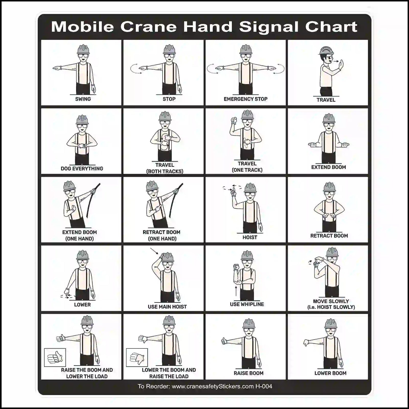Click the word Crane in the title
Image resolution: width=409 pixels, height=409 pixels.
(x=148, y=27)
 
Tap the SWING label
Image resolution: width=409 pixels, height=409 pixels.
(x=83, y=99)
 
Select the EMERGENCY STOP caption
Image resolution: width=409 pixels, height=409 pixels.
(x=245, y=99)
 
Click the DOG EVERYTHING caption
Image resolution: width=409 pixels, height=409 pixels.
(x=82, y=168)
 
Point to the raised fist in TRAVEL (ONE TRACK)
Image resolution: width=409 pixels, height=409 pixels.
(x=234, y=120)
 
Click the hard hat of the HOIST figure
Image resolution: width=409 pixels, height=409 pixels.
(x=250, y=188)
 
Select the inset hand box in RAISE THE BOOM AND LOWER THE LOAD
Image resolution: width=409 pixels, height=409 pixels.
(x=55, y=357)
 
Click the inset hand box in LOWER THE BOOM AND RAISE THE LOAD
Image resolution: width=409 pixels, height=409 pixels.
(x=137, y=357)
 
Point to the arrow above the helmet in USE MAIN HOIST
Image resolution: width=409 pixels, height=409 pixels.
(x=154, y=251)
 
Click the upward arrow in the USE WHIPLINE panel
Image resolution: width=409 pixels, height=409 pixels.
(x=236, y=291)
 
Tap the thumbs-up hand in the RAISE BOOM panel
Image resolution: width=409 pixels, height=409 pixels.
(x=224, y=341)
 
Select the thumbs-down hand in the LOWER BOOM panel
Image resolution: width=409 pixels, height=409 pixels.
(x=306, y=343)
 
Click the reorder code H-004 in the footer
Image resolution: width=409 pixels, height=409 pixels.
(x=264, y=386)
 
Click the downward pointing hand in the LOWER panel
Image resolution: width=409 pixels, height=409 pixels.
(x=67, y=292)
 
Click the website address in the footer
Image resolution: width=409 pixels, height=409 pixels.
(x=213, y=386)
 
